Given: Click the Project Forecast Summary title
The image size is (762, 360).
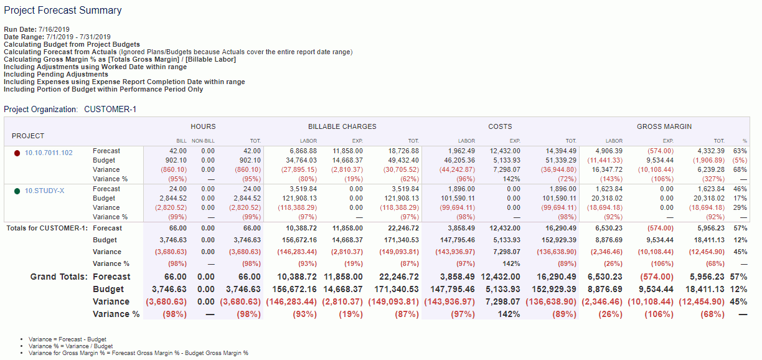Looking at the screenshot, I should click(x=63, y=11).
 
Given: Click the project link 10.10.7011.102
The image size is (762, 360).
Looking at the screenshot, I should click(x=49, y=153).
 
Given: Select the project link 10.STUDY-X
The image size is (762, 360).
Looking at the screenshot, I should click(x=44, y=191).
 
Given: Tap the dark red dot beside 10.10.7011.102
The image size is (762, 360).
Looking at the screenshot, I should click(x=17, y=153).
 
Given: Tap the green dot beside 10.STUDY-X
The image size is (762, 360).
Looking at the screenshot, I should click(x=17, y=191).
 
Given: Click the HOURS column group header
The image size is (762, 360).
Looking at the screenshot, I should click(x=203, y=126).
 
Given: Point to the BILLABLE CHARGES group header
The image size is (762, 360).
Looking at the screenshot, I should click(x=342, y=126).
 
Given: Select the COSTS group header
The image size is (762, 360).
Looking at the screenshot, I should click(x=500, y=126).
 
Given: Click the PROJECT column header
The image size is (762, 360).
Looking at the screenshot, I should click(x=28, y=136).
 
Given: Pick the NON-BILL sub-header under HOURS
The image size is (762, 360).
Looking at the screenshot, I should click(x=203, y=141).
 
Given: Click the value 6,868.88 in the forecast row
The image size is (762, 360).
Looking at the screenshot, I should click(x=304, y=151).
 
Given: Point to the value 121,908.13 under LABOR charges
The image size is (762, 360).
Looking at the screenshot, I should click(x=299, y=198).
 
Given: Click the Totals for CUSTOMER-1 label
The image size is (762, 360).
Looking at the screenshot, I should click(x=47, y=229).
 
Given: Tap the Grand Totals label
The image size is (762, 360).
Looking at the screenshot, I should click(x=59, y=277).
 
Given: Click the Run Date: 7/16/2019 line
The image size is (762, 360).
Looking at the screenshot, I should click(x=37, y=29).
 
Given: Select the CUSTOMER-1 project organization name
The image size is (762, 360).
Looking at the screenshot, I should click(x=110, y=110).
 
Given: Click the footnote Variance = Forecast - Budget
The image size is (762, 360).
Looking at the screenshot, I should click(x=64, y=339).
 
